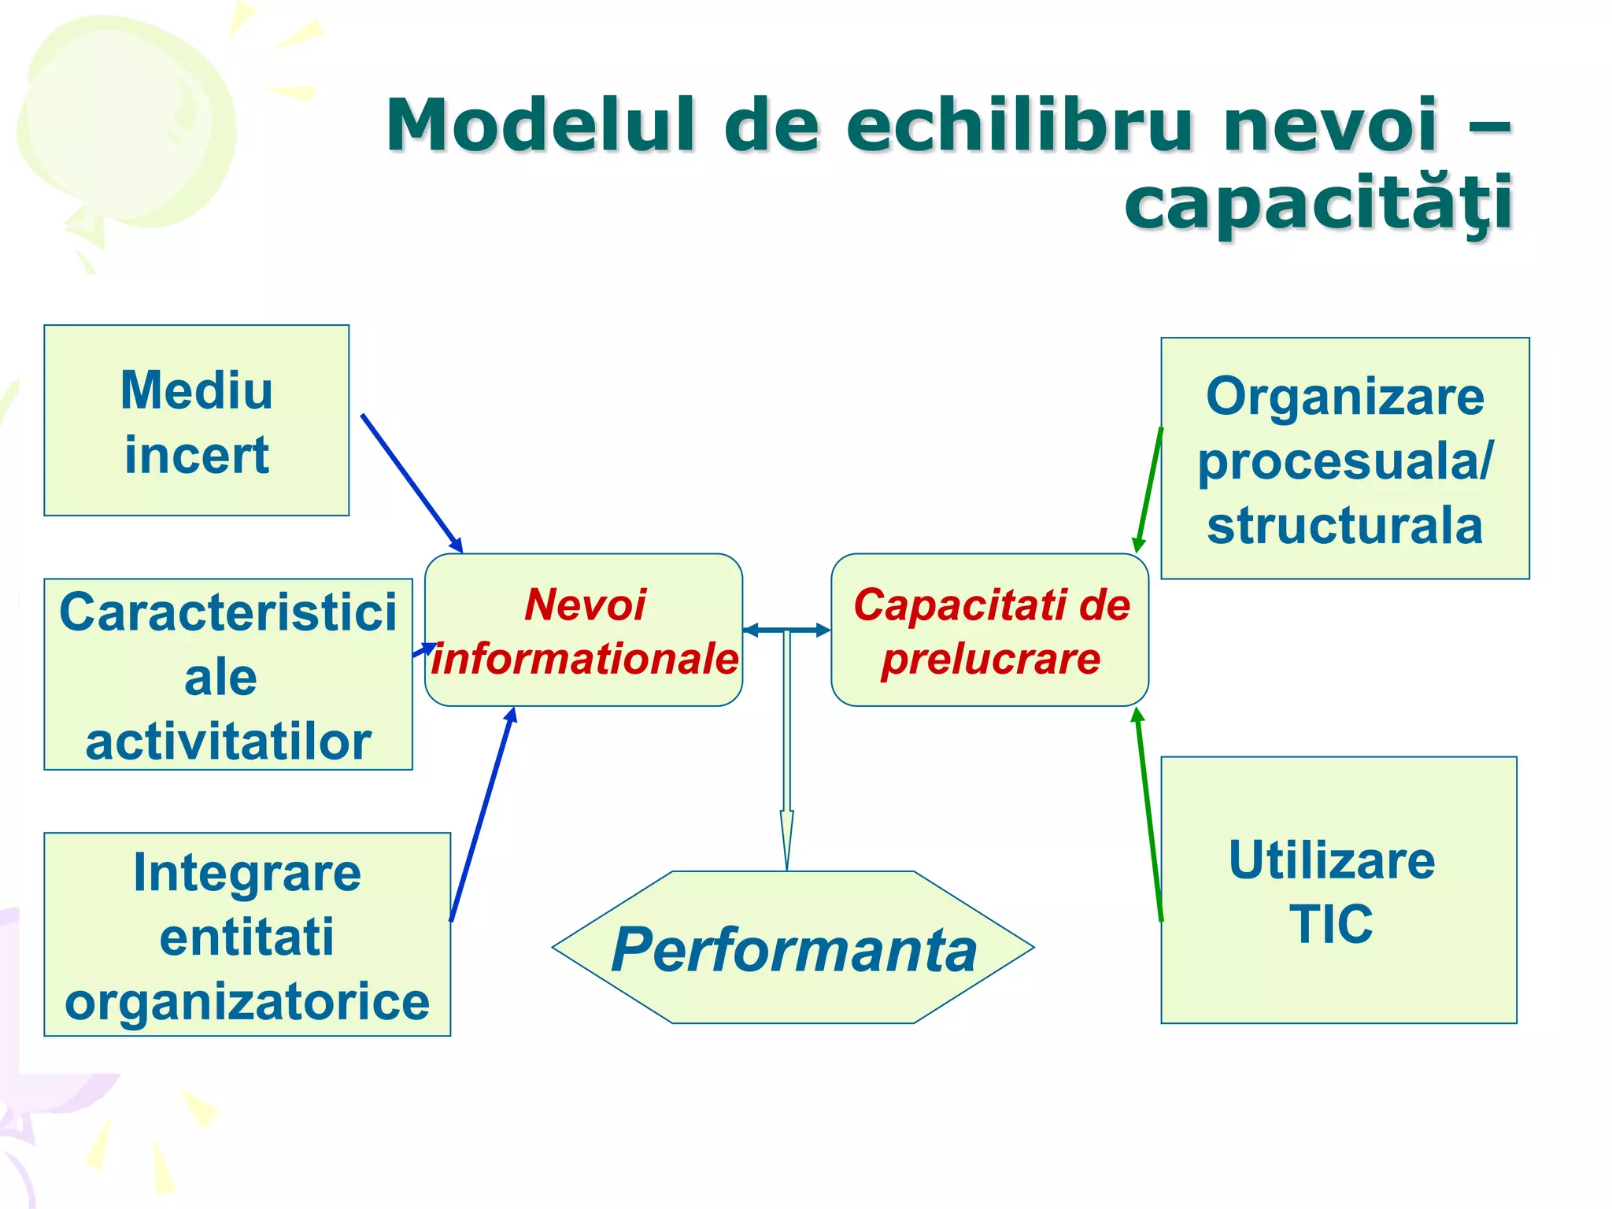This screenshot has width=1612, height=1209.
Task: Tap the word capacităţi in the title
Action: click(x=1318, y=203)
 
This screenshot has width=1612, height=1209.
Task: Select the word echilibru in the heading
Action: click(x=1020, y=126)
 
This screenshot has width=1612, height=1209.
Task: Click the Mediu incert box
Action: click(x=196, y=420)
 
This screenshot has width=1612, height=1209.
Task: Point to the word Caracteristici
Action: click(x=228, y=612)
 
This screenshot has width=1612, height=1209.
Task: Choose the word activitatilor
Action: click(x=228, y=742)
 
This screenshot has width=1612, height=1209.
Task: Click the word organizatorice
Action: click(x=247, y=1002)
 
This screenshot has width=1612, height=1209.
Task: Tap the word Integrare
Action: click(x=247, y=873)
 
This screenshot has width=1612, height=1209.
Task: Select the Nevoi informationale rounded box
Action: click(x=583, y=630)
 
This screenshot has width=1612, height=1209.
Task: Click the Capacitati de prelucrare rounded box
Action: click(x=990, y=630)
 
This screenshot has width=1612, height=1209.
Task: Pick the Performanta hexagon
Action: click(x=793, y=948)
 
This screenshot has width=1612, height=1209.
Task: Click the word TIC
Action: click(x=1331, y=924)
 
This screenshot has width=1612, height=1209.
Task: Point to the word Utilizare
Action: click(x=1332, y=860)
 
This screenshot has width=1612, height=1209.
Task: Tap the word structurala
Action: click(x=1344, y=526)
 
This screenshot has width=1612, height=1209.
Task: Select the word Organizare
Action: click(x=1344, y=397)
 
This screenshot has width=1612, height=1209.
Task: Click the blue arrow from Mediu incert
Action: click(x=411, y=482)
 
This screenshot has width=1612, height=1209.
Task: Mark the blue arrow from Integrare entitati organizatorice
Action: click(x=482, y=815)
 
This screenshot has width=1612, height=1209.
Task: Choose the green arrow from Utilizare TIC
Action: click(x=1148, y=815)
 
